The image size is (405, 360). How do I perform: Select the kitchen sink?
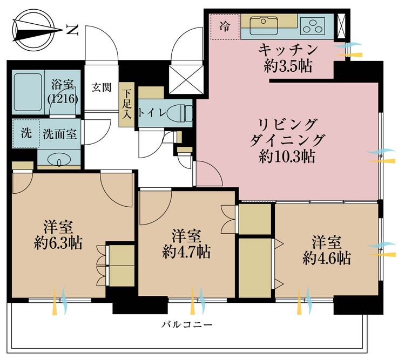point(264,23)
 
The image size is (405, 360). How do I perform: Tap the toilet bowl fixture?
point(179,113)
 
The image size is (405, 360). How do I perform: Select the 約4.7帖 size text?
point(186,251)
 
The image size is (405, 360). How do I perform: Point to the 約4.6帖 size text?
point(327,258)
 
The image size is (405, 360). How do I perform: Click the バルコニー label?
point(186,325)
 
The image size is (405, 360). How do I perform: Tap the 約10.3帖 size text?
point(286,158)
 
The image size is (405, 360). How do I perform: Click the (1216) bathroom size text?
point(64,99)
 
